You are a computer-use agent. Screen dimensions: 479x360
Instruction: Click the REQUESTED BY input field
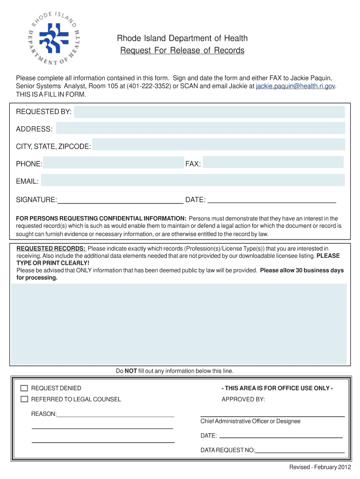[209, 112]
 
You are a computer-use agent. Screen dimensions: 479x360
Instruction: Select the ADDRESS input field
[200, 129]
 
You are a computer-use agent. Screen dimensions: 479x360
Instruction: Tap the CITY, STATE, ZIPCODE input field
[218, 145]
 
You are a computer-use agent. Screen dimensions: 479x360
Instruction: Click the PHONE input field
[114, 163]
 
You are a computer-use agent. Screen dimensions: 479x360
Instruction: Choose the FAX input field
[273, 163]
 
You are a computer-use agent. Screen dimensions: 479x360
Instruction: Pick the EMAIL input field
[193, 181]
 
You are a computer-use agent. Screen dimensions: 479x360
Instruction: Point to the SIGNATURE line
[120, 203]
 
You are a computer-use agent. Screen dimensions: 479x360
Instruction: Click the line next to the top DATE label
[271, 202]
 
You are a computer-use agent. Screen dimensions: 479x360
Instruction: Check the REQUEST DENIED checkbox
[24, 388]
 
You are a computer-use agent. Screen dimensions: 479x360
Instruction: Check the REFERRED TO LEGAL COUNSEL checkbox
[24, 399]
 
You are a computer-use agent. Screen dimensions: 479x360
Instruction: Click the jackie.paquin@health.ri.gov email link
[295, 86]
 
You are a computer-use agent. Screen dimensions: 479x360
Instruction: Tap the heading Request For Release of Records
[182, 51]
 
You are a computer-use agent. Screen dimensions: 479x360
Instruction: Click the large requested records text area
[179, 324]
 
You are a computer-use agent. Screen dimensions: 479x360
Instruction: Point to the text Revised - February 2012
[320, 467]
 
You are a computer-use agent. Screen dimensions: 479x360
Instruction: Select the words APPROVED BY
[243, 399]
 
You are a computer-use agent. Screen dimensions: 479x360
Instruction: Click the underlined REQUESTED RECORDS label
[51, 248]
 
